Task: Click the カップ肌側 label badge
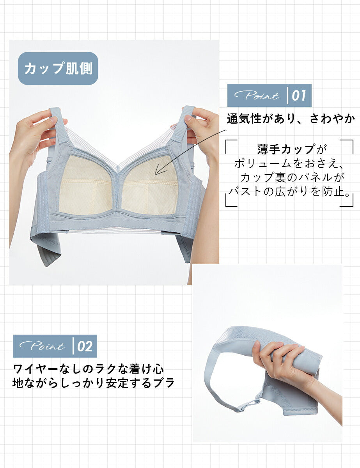tap(58, 68)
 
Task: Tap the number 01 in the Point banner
tap(299, 96)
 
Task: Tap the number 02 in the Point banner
tap(85, 346)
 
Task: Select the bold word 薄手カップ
tap(286, 149)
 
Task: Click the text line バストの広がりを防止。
tap(289, 191)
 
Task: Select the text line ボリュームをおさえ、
tap(289, 163)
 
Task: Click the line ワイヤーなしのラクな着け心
tap(89, 369)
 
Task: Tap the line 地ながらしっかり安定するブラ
tap(94, 383)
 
